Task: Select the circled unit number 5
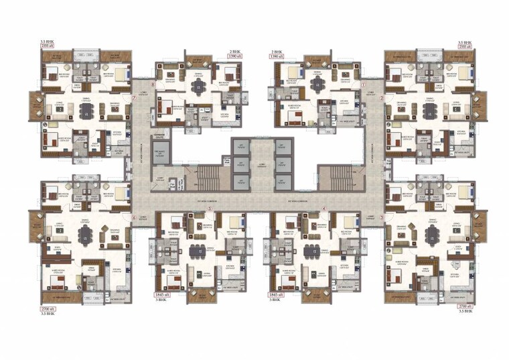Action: (210, 208)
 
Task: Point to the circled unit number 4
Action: (324, 208)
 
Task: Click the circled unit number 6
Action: (134, 217)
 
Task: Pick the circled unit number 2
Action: (382, 99)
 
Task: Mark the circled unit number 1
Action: (362, 84)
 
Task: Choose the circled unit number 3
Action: (382, 217)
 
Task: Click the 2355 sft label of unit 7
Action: (48, 46)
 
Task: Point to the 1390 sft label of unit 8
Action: (233, 56)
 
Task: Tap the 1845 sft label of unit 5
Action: (163, 294)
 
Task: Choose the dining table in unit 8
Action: (196, 87)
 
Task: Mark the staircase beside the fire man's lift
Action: (208, 178)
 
